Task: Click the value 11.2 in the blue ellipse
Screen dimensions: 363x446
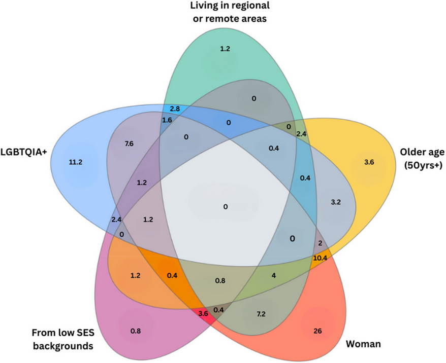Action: [x=75, y=162]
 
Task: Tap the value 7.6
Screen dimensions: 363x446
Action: [x=129, y=143]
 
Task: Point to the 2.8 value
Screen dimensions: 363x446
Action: [x=175, y=109]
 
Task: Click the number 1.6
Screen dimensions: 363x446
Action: [x=167, y=120]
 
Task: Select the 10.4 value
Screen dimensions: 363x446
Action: [x=321, y=259]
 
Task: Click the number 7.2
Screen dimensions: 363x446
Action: [x=261, y=315]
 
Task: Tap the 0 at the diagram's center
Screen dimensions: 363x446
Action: [x=225, y=206]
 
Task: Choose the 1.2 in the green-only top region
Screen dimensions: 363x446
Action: [x=225, y=49]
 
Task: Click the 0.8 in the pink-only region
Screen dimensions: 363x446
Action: [x=136, y=331]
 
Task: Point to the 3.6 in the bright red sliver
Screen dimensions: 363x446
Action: [x=203, y=313]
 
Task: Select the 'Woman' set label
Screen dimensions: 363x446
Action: [x=363, y=344]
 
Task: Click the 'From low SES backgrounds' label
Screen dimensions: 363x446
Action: [x=63, y=340]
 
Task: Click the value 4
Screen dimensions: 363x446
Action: [x=274, y=276]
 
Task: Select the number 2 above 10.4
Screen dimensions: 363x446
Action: [x=320, y=243]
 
